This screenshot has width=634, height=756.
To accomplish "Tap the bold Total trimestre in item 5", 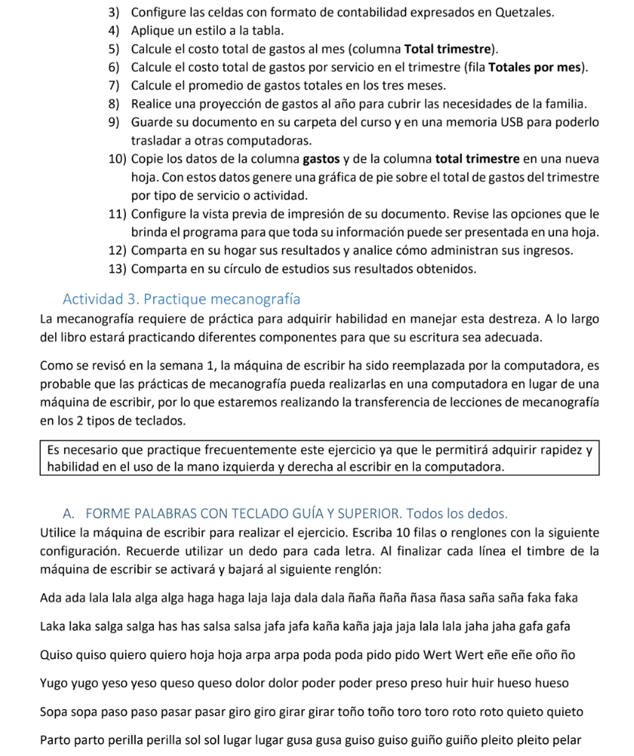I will click(450, 49).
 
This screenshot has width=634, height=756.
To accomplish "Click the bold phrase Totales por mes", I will click(538, 67).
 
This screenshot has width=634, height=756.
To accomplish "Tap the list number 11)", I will click(117, 213).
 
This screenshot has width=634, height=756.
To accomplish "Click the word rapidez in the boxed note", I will click(554, 450).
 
